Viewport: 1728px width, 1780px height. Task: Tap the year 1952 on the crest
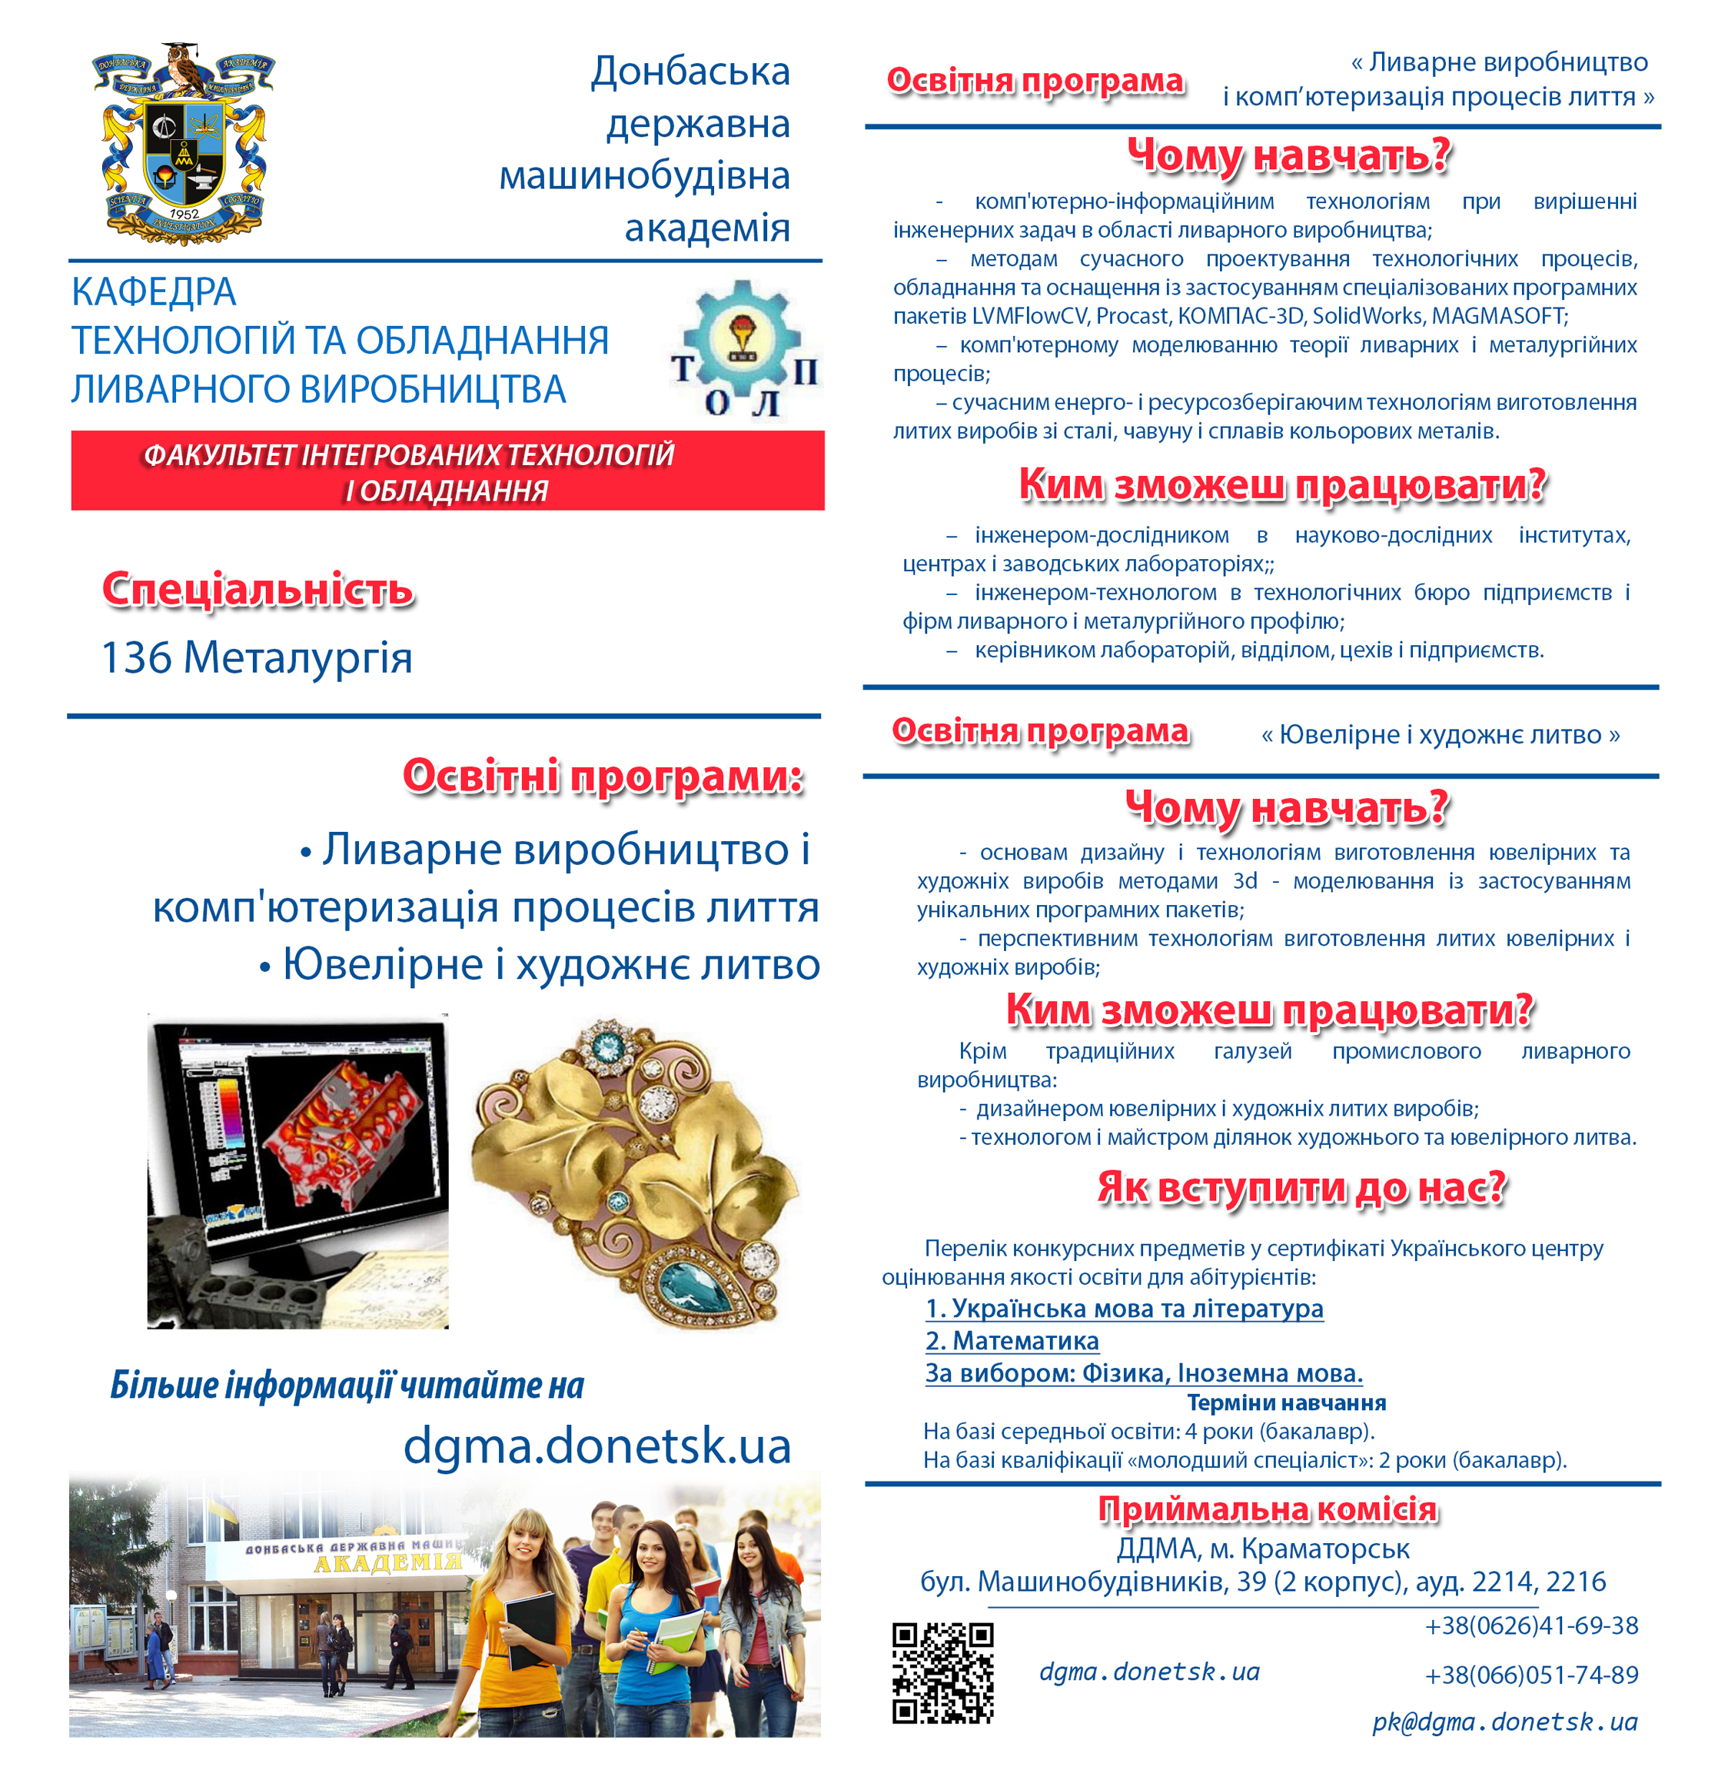tap(184, 215)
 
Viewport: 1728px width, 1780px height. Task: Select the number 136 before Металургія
tap(136, 657)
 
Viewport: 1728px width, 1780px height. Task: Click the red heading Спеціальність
tap(258, 590)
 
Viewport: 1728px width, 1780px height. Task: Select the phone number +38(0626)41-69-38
tap(1531, 1625)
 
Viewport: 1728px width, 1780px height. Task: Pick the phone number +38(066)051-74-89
tap(1531, 1675)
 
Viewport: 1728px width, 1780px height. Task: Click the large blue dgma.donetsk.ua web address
tap(596, 1445)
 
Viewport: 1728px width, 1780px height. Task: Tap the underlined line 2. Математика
tap(1012, 1340)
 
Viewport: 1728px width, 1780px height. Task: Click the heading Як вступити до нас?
tap(1301, 1188)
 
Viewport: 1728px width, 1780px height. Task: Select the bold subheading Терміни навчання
tap(1286, 1403)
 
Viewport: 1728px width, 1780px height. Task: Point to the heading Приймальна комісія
tap(1268, 1509)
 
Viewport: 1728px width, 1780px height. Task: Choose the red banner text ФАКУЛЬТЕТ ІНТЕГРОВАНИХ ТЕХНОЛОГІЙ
tap(409, 454)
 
